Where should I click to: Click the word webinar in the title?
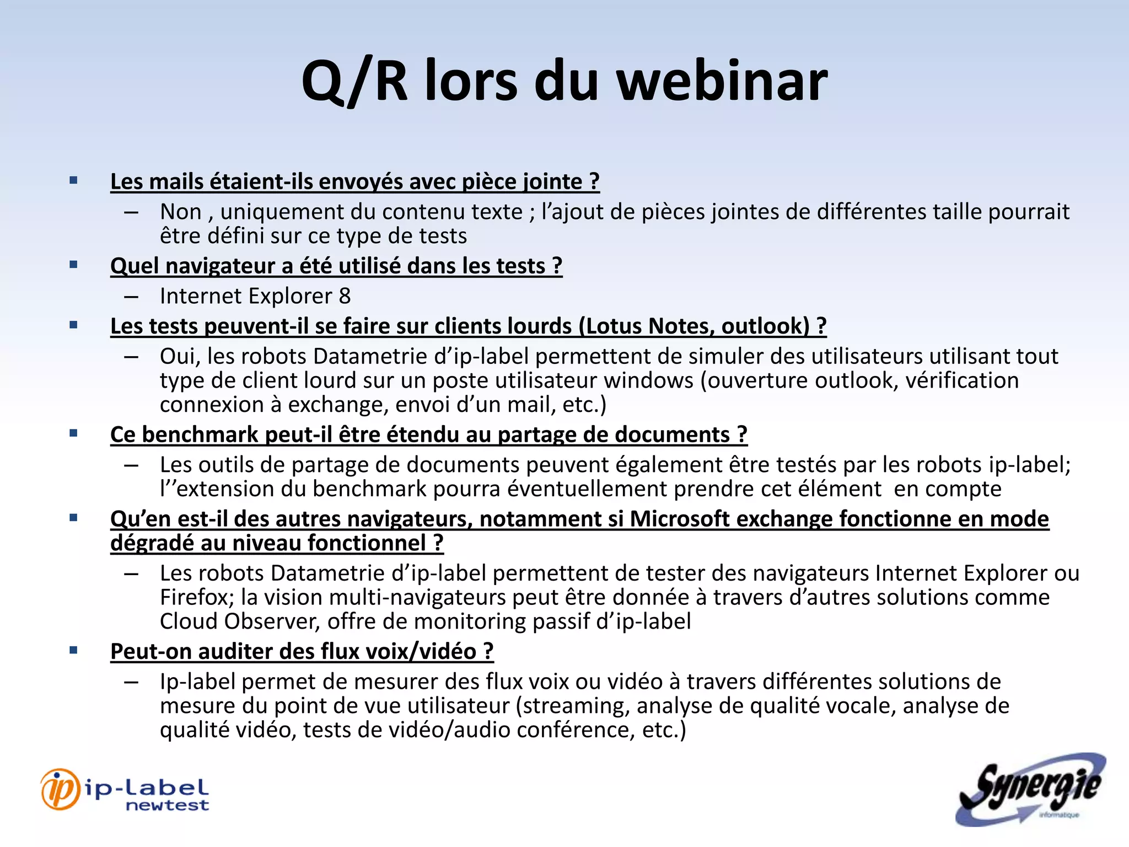(722, 81)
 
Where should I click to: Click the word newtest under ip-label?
(167, 806)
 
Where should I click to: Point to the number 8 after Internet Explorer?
(345, 296)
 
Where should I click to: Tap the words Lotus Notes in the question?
(647, 326)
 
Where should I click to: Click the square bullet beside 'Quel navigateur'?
(73, 265)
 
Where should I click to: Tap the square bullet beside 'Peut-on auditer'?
(73, 650)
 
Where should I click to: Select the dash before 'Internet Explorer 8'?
(131, 297)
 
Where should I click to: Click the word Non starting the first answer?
(180, 212)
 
